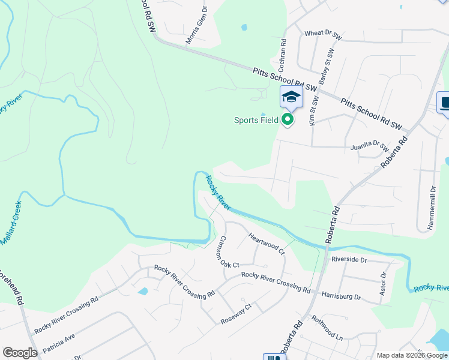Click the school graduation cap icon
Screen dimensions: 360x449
(291, 97)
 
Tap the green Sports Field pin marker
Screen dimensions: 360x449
(288, 120)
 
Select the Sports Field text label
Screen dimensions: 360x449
(256, 120)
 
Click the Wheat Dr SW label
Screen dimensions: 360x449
(323, 35)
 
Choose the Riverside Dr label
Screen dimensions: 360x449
(349, 260)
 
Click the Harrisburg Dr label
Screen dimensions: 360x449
(341, 296)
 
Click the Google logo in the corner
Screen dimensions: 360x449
(20, 352)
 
